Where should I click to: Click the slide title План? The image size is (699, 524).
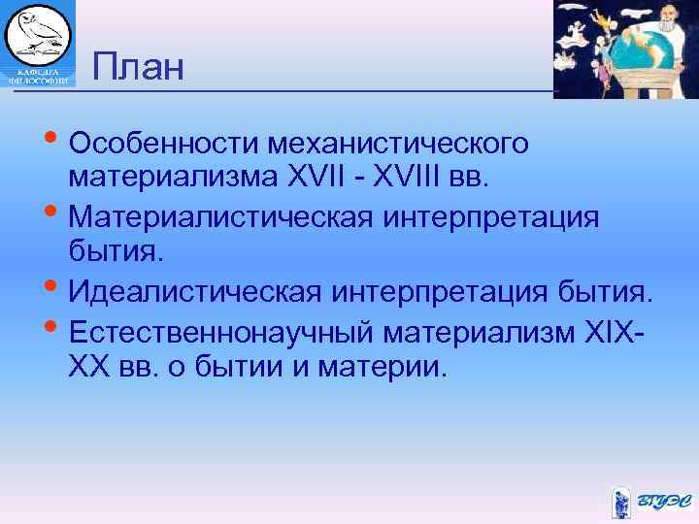pos(138,68)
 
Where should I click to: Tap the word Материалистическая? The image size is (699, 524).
pos(220,215)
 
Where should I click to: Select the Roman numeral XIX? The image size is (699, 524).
pos(606,333)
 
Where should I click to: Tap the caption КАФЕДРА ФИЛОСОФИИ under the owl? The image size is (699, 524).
pos(39,77)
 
